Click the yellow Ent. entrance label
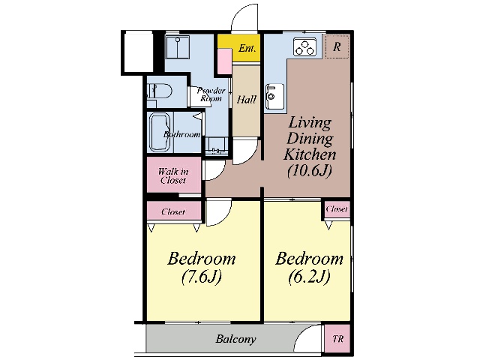(247, 48)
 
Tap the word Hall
(247, 100)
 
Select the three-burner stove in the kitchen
(305, 46)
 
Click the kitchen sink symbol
(274, 96)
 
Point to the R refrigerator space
(337, 46)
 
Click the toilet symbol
(159, 91)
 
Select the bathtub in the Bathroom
(160, 132)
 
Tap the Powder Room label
(211, 94)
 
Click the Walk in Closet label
(173, 175)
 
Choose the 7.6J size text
(202, 277)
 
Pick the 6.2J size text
(309, 277)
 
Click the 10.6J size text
(310, 170)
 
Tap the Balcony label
(235, 339)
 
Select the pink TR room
(337, 338)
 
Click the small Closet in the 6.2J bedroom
(337, 209)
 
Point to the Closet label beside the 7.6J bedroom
(173, 211)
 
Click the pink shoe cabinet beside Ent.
(225, 61)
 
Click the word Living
(310, 123)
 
